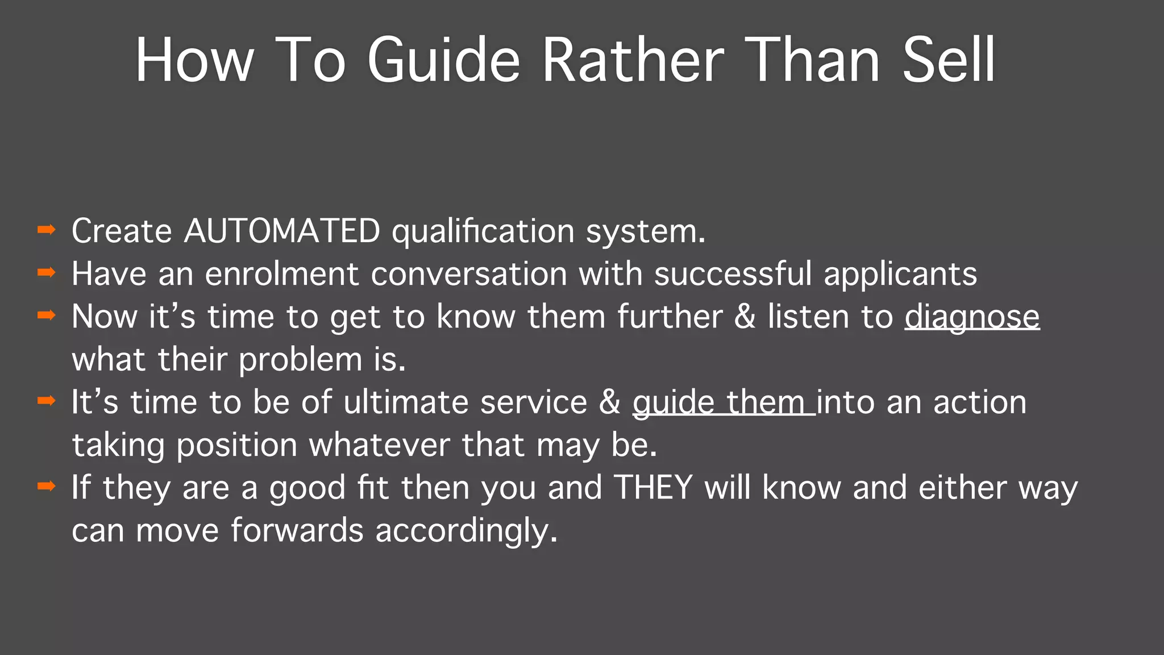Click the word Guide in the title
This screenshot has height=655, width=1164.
(x=443, y=60)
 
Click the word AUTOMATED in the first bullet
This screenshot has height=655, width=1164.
(x=282, y=231)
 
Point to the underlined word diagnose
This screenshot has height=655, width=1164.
(x=972, y=317)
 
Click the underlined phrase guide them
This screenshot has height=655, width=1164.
(x=723, y=403)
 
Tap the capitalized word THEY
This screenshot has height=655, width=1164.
(x=653, y=488)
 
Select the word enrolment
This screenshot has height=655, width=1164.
(x=281, y=274)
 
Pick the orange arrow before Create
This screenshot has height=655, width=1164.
(x=46, y=230)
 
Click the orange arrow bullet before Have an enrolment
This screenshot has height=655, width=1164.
(x=46, y=272)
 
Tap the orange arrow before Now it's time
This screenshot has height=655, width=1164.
(x=46, y=315)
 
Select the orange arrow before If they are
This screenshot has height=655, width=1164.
(x=46, y=486)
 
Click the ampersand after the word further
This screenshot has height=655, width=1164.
(x=745, y=317)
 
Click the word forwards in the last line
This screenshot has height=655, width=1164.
(x=297, y=530)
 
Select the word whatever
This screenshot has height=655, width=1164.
(x=379, y=445)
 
